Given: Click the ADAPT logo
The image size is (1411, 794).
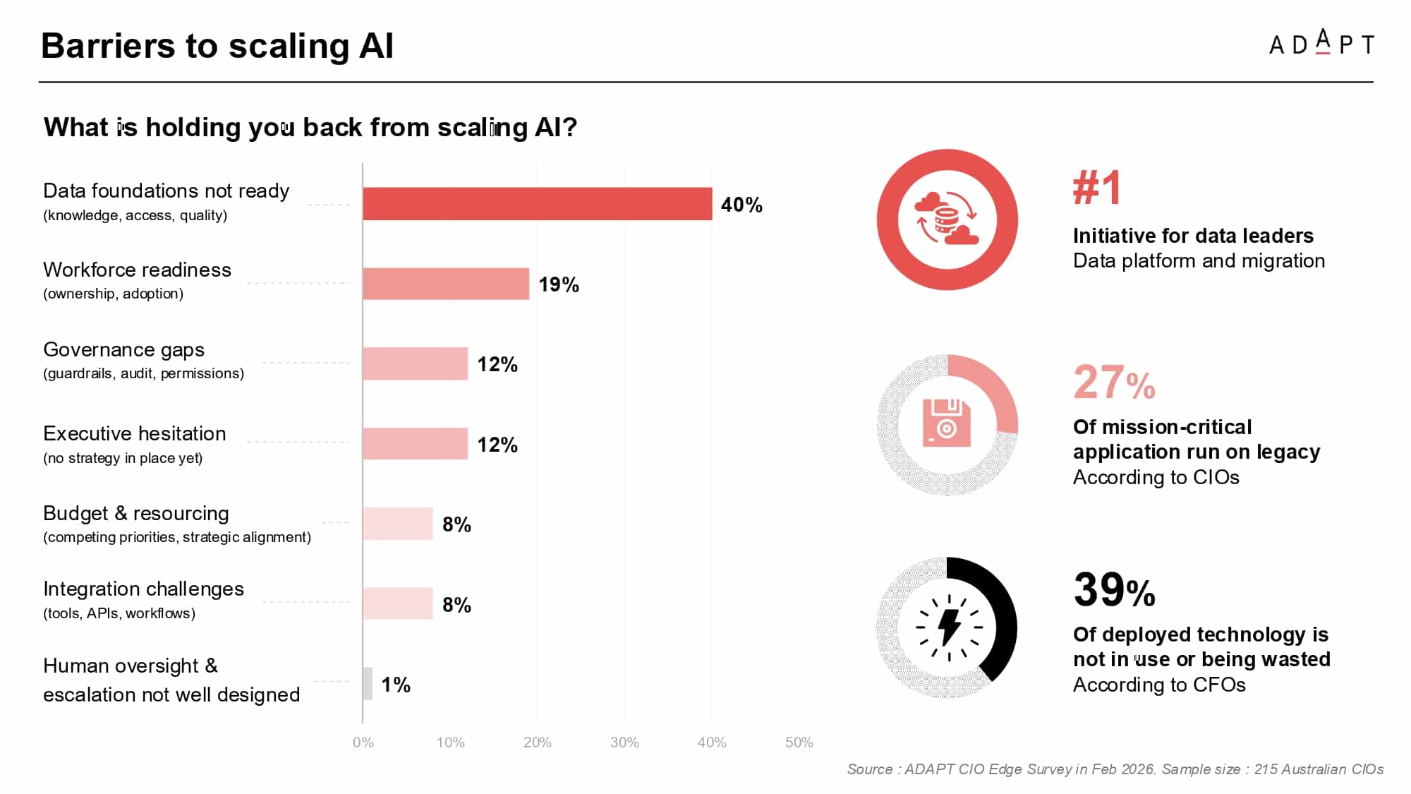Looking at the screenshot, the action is (x=1321, y=43).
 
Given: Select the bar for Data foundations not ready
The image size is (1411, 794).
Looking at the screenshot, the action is (x=538, y=204).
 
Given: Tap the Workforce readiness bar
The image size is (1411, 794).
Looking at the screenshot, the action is (x=446, y=284).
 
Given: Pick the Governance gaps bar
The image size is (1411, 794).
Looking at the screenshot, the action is (x=416, y=363).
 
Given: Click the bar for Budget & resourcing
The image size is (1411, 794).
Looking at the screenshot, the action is (x=398, y=524).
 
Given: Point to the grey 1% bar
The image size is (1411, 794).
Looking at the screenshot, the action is (x=368, y=684).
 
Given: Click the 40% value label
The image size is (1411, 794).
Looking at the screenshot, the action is (x=741, y=205).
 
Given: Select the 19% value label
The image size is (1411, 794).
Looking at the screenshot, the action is (x=559, y=284).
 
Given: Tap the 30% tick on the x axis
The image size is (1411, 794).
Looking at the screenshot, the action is (x=624, y=742).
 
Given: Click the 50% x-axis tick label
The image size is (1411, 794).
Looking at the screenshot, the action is (x=799, y=742).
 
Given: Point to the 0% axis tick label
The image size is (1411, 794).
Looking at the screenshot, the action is (x=363, y=742).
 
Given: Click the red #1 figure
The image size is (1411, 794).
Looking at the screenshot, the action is (x=1097, y=188).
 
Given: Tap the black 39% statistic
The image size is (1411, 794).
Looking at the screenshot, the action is (x=1115, y=589).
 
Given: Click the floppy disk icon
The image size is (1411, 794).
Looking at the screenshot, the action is (x=947, y=423).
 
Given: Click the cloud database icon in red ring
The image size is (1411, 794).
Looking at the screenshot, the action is (x=947, y=219).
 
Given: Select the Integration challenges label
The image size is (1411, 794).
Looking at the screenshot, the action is (x=143, y=589).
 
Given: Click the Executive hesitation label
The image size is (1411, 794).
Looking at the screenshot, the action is (x=135, y=433).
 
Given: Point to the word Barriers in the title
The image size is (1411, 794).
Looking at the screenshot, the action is (x=108, y=46).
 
